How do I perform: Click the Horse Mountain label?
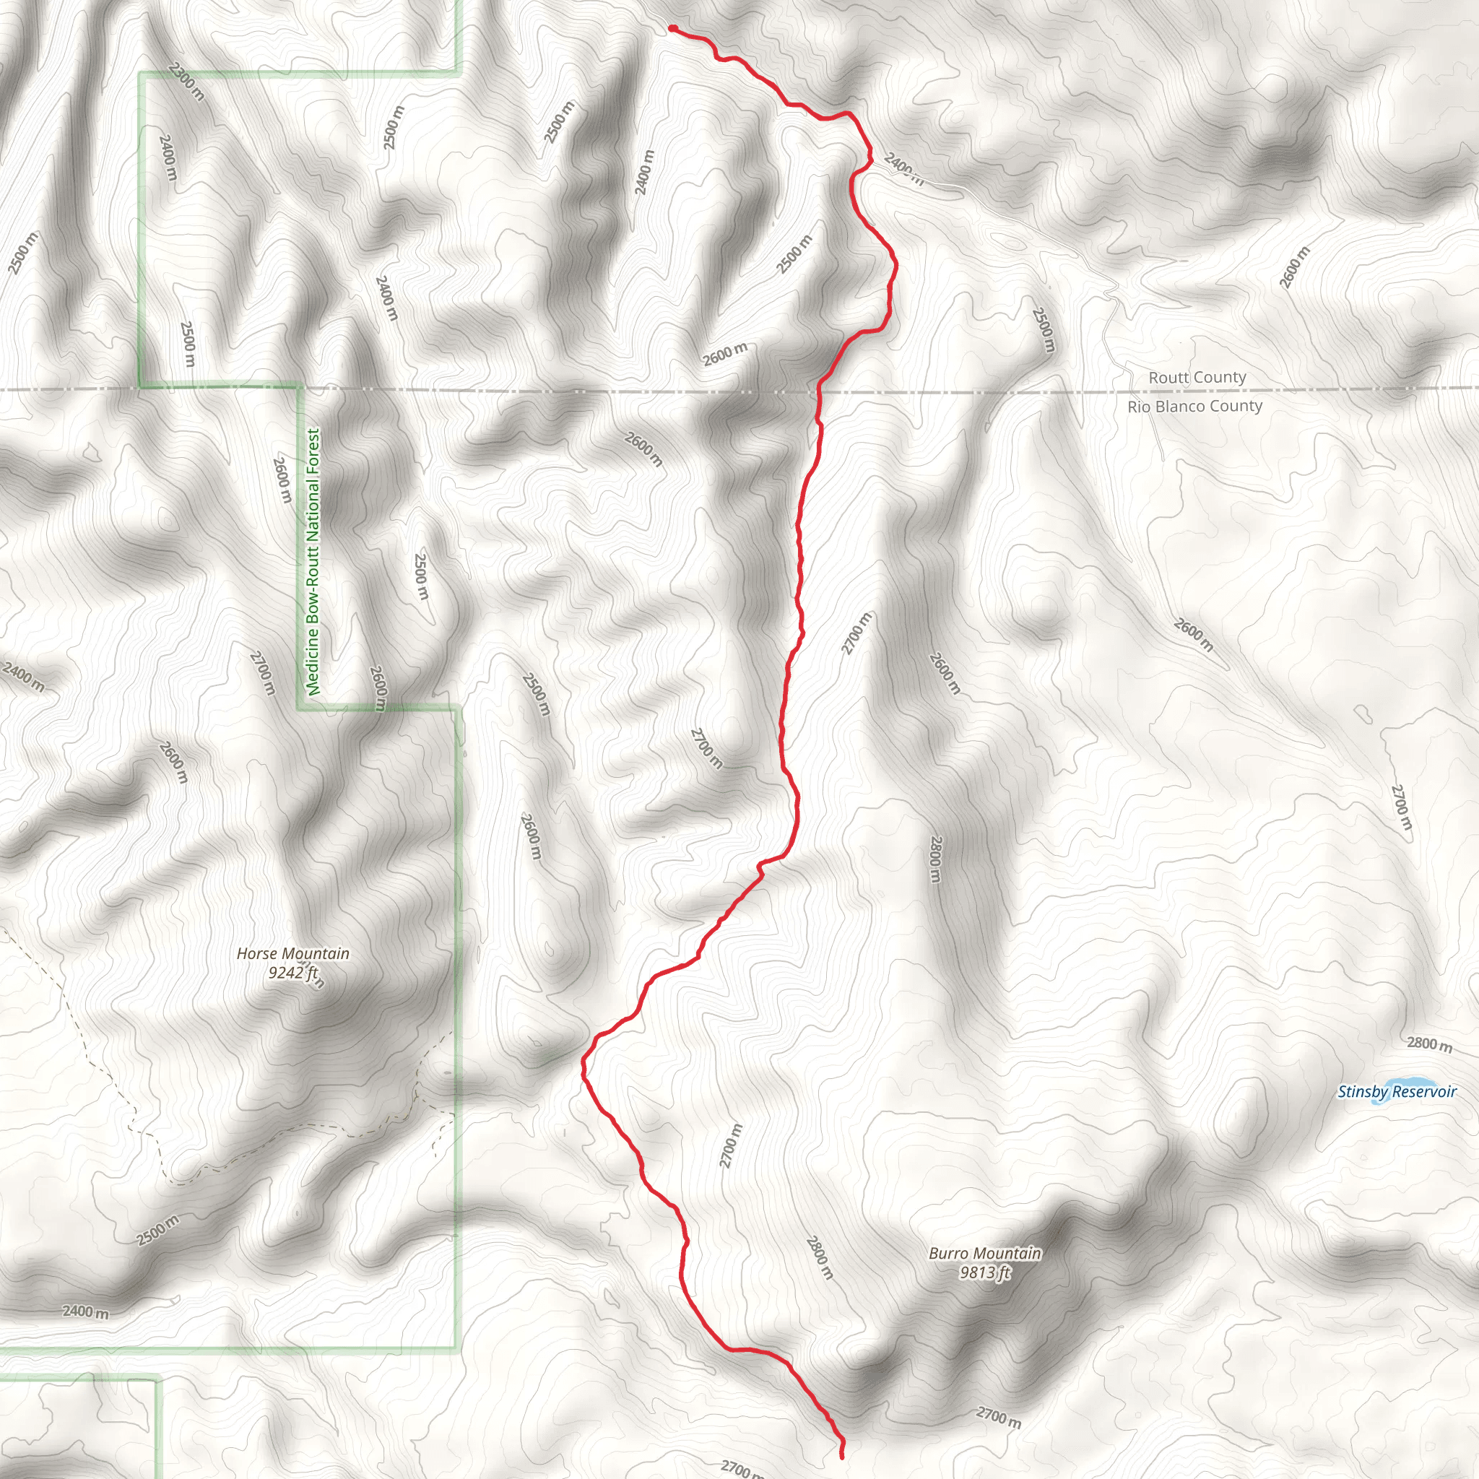tap(292, 954)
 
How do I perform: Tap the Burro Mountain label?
tap(984, 1253)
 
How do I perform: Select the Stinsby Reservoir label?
tap(1397, 1093)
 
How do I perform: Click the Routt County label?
tap(1197, 378)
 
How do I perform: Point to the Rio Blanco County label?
tap(1194, 407)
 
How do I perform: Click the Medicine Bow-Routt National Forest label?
tap(313, 562)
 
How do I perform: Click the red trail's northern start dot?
tap(672, 28)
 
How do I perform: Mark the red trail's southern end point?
tap(842, 1456)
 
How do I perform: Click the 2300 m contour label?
tap(186, 81)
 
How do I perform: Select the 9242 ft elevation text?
tap(292, 973)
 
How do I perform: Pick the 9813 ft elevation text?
tap(984, 1272)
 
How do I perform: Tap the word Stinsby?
tap(1363, 1093)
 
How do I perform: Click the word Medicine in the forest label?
tap(313, 661)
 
